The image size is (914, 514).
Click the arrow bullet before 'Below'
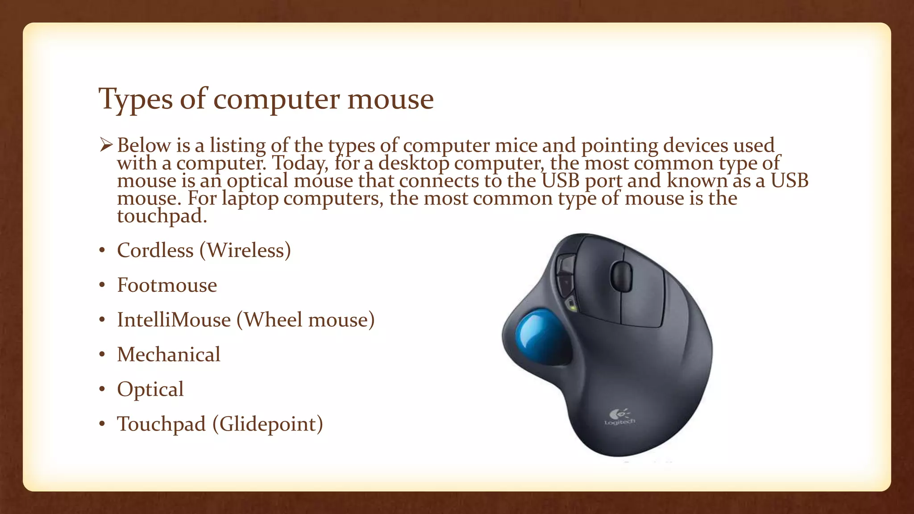(x=106, y=145)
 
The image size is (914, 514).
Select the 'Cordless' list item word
(x=155, y=250)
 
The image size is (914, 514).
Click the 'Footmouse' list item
(x=167, y=285)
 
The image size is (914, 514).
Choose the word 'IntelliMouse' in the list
(x=174, y=320)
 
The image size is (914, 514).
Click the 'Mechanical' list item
(x=169, y=355)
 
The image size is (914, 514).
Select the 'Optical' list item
(x=150, y=389)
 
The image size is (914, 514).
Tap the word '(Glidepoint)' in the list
(x=267, y=424)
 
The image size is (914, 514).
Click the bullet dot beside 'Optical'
(x=102, y=390)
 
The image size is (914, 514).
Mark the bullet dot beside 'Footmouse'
(x=102, y=285)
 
